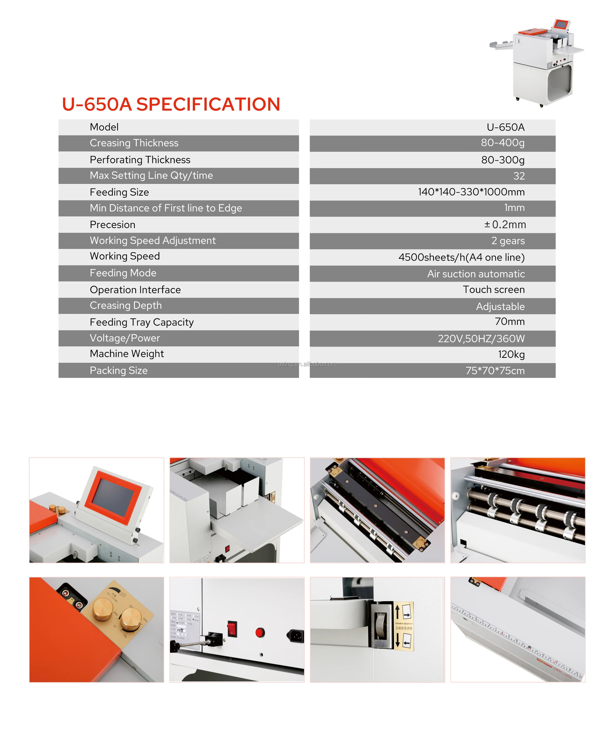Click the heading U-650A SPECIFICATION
171,104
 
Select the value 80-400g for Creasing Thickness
503,143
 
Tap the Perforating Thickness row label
140,160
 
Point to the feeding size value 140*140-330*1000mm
471,192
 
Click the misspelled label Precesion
112,225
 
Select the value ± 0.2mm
504,225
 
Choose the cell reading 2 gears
508,241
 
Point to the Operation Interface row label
135,290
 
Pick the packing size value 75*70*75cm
495,371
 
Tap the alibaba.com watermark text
307,364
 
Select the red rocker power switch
232,628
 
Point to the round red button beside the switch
260,632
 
